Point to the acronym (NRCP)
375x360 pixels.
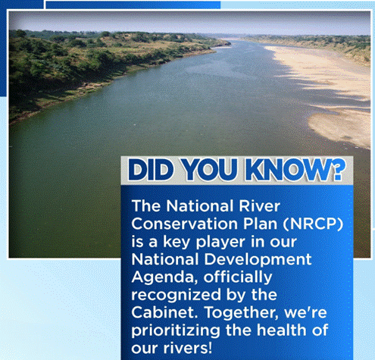[313, 224]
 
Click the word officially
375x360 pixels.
[238, 277]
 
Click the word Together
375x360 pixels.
[241, 313]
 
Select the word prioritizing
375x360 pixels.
[176, 331]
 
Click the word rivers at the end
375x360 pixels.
[188, 348]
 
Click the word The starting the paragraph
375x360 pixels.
[146, 206]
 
